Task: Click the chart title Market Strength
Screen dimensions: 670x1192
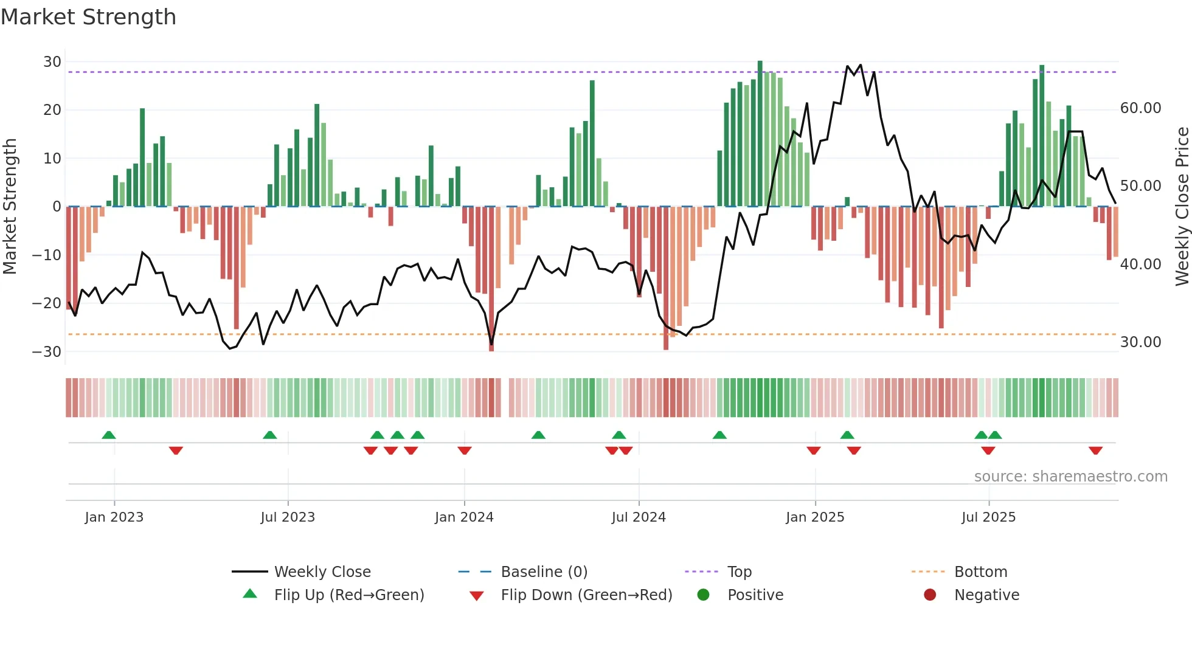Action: (88, 17)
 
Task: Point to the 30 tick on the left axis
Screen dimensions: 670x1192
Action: (52, 62)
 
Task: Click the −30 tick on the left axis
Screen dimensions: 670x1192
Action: (47, 352)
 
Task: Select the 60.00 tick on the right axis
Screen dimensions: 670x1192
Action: (1140, 108)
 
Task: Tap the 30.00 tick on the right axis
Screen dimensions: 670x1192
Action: (1140, 342)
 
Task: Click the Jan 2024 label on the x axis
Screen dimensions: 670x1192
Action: (464, 517)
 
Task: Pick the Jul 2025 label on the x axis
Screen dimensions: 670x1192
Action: (988, 517)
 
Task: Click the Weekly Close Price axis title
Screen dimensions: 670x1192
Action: (1182, 207)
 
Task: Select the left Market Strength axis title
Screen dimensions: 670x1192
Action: (10, 207)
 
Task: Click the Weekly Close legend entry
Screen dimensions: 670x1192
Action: (322, 572)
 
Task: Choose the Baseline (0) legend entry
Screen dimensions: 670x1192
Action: (544, 572)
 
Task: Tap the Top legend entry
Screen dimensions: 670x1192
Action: (739, 572)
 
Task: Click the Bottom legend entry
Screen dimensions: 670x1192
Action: (980, 572)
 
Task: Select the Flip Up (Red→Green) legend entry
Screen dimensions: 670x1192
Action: (349, 595)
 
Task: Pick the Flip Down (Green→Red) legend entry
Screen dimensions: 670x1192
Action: (586, 595)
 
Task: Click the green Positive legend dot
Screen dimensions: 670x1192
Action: (704, 595)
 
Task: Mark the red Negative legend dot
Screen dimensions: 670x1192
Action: (930, 595)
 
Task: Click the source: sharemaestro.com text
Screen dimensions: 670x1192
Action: (1070, 477)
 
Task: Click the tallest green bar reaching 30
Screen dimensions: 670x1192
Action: (760, 134)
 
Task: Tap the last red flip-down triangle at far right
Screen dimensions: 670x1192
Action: (1095, 451)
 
